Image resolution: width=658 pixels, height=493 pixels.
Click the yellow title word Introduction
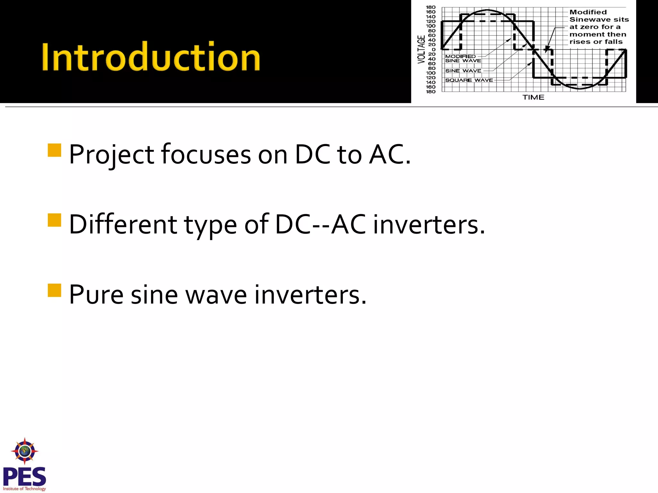[x=151, y=57]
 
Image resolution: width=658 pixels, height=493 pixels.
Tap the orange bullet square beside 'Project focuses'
[x=54, y=150]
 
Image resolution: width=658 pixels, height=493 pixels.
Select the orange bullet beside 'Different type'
[x=54, y=220]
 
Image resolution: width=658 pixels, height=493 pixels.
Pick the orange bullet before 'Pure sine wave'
[x=54, y=290]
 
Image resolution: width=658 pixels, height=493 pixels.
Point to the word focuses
[x=206, y=155]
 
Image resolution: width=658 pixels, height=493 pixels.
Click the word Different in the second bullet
[x=123, y=225]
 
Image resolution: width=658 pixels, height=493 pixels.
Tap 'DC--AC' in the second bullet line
[x=320, y=225]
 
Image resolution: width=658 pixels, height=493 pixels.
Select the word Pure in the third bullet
[x=96, y=295]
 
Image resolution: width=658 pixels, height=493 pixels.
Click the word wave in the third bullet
[x=216, y=295]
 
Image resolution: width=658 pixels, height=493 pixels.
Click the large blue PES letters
[x=24, y=477]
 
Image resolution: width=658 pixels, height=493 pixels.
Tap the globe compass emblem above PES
[x=25, y=451]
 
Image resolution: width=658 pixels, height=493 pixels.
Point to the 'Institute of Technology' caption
[x=24, y=489]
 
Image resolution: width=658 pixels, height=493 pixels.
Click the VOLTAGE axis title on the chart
[x=421, y=49]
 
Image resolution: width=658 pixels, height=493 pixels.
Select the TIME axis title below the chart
[x=533, y=97]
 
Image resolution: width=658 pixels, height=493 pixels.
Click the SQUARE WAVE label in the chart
[x=469, y=80]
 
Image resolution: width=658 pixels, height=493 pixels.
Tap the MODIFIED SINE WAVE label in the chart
[x=463, y=58]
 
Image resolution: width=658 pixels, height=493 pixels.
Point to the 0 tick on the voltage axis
[x=433, y=50]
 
